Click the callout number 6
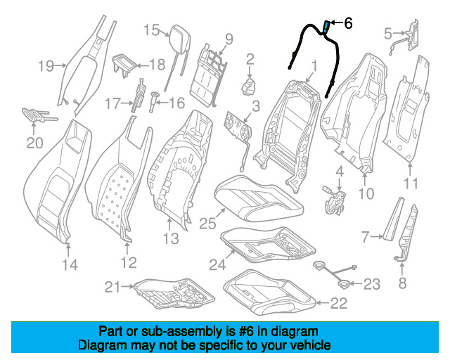point(348,23)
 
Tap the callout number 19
point(46,67)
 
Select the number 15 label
point(152,30)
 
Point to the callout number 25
point(206,224)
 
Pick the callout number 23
point(371,284)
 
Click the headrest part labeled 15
point(176,33)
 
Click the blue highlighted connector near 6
point(327,27)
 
